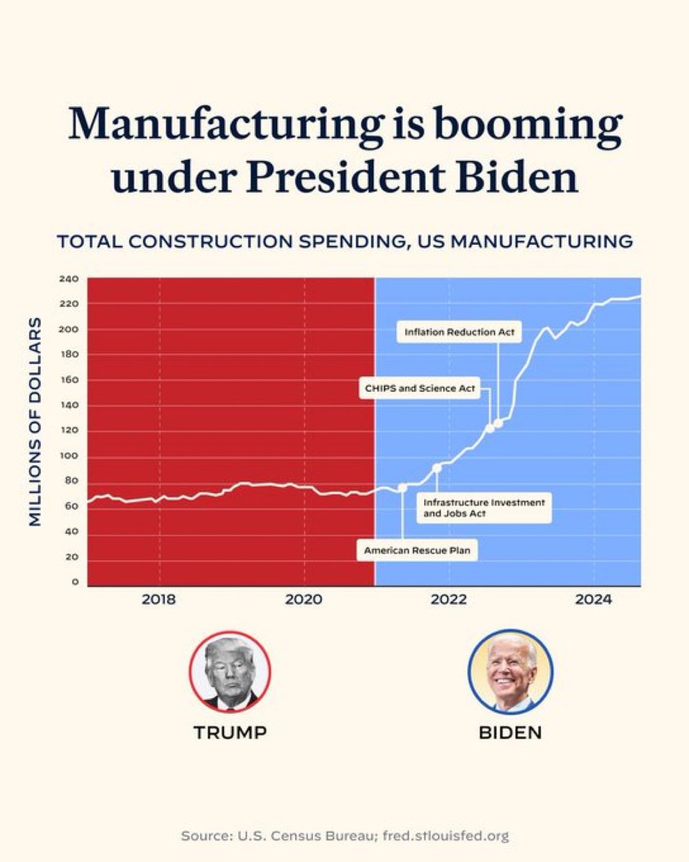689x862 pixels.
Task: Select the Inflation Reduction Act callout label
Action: (459, 333)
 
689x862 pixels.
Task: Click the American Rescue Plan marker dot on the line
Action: (402, 487)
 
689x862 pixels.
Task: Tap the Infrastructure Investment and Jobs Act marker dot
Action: (436, 468)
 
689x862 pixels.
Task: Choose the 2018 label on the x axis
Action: (159, 600)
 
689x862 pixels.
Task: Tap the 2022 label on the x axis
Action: (449, 600)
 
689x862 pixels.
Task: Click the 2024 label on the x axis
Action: (594, 600)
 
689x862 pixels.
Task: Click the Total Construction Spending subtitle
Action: (344, 241)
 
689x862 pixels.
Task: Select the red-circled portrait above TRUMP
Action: (230, 672)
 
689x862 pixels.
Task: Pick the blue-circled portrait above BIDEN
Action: (510, 672)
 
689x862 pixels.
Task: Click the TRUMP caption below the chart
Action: (230, 733)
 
